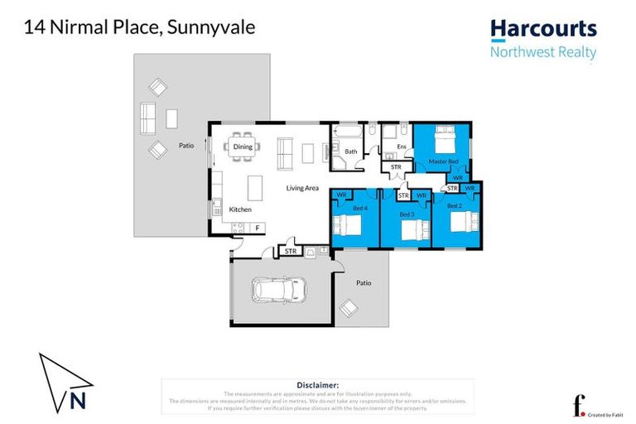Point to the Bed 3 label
[406, 214]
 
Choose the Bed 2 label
[453, 205]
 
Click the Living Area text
[302, 188]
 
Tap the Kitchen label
[240, 210]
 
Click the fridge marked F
[257, 227]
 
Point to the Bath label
[351, 152]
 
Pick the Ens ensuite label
[401, 147]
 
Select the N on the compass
[77, 402]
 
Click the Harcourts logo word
[543, 30]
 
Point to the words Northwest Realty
[543, 51]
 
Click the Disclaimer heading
[317, 385]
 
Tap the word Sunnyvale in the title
[211, 27]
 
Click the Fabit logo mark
[579, 406]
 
